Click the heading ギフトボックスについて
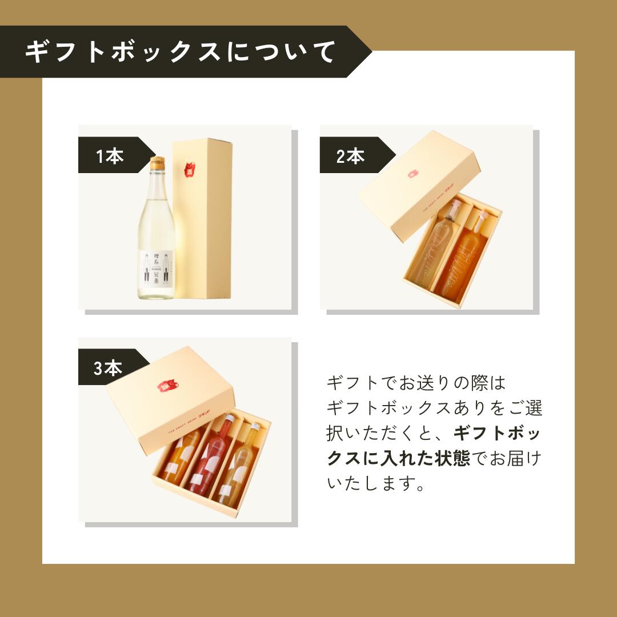pyautogui.click(x=180, y=53)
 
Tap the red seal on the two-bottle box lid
pyautogui.click(x=412, y=173)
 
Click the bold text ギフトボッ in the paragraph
pyautogui.click(x=497, y=433)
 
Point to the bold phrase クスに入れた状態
pyautogui.click(x=398, y=458)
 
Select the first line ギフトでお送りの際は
pyautogui.click(x=416, y=383)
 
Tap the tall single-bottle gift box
pyautogui.click(x=203, y=220)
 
